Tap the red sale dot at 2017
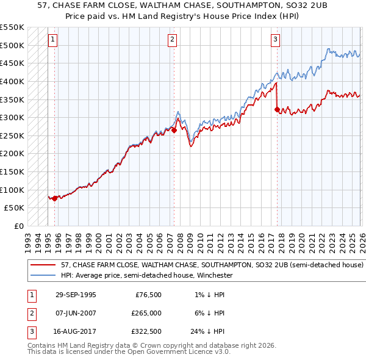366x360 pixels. [278, 110]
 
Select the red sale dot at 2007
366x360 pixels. [174, 130]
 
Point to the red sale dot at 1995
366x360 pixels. [55, 198]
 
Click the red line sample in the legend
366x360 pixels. [43, 265]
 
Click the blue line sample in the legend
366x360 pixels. [43, 275]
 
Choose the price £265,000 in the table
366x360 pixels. [146, 313]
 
